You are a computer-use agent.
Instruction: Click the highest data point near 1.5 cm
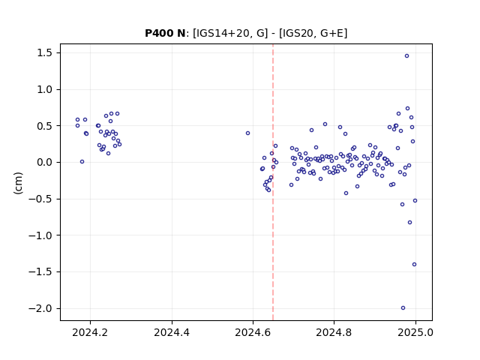click(406, 55)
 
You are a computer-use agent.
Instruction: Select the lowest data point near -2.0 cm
click(403, 308)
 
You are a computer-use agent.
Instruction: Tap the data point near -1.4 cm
click(415, 265)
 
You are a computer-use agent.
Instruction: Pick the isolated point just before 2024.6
click(248, 133)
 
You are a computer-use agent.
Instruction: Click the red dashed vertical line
click(273, 182)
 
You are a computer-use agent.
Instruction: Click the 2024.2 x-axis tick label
click(90, 332)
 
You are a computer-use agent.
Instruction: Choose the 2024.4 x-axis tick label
click(172, 332)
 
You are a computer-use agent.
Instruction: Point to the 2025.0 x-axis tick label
click(415, 332)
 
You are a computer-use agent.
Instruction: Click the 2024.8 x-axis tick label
click(334, 332)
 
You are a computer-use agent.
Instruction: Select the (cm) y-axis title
click(18, 183)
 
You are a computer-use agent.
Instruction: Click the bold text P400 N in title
click(165, 33)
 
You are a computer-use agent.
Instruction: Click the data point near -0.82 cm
click(410, 222)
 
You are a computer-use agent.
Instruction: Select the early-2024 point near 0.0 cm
click(82, 162)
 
